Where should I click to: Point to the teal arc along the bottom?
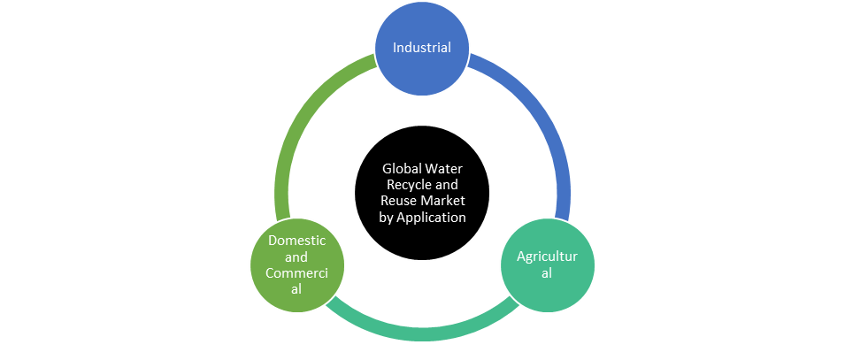pos(420,333)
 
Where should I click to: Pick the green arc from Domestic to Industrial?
pos(301,124)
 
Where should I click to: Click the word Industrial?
pos(422,48)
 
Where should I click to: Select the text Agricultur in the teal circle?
pos(547,257)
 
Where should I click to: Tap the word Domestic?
pos(296,241)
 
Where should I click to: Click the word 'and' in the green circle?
pos(296,257)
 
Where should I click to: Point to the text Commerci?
pos(296,272)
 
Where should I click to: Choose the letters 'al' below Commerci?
pos(296,289)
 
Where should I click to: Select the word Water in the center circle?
pos(444,169)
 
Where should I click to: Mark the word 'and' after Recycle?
pos(447,185)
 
